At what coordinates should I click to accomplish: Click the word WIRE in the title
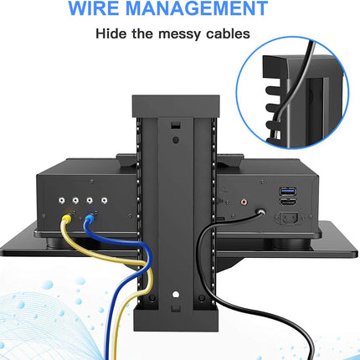point(94,8)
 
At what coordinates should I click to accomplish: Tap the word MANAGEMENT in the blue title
point(197,8)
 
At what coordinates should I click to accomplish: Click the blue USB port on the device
point(287,192)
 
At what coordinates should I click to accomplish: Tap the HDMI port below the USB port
point(287,203)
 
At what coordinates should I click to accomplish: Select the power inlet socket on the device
point(288,219)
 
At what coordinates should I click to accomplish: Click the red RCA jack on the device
point(244,201)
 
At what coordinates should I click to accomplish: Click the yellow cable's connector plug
point(67,218)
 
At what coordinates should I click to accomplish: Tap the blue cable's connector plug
point(89,218)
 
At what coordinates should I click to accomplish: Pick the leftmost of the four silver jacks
point(62,200)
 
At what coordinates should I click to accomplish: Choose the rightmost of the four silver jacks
point(104,200)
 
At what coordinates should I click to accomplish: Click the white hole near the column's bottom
point(176,294)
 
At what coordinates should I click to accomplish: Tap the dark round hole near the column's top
point(176,140)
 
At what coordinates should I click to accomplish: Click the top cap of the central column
point(176,106)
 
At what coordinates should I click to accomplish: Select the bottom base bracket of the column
point(176,317)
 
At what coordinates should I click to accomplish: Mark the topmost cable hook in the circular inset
point(272,90)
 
